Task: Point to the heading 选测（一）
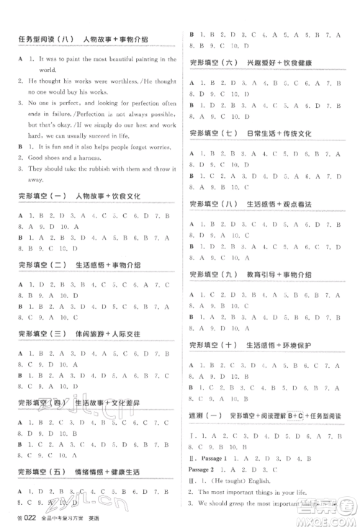pos(204,416)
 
